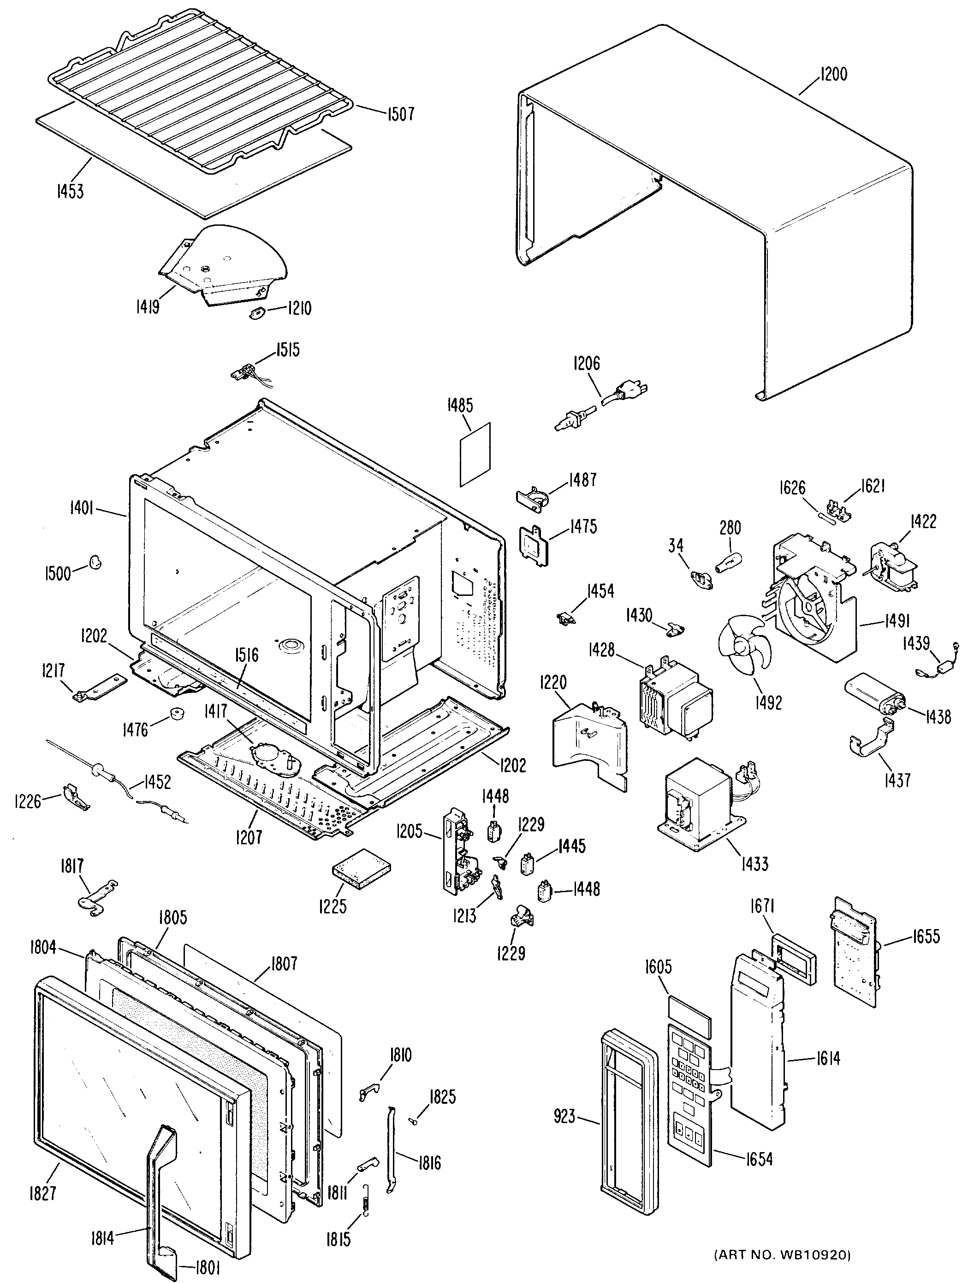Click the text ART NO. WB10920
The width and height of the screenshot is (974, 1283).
(781, 1252)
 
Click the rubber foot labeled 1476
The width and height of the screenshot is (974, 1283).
(173, 712)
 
